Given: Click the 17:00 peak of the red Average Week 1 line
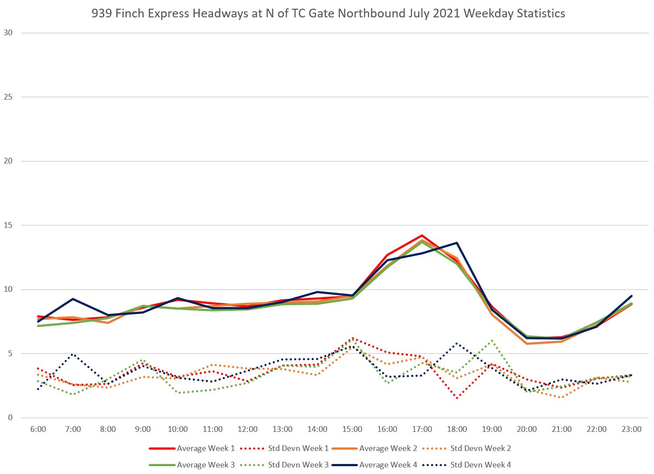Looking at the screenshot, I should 422,236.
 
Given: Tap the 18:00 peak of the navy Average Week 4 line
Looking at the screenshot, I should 457,243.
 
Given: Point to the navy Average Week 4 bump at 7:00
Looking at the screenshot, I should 73,299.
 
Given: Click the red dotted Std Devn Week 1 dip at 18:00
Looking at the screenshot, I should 457,397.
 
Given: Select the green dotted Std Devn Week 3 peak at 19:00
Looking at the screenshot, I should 492,340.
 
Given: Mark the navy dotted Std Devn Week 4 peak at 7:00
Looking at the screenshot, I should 73,354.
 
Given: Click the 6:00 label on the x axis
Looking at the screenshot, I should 38,429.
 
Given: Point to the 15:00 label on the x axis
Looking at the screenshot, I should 352,429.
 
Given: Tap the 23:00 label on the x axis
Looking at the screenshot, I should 631,429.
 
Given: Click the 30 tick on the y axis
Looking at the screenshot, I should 8,33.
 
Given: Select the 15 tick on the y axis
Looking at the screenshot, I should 8,225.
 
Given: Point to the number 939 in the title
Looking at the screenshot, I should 100,13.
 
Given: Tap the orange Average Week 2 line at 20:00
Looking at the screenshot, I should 527,344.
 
